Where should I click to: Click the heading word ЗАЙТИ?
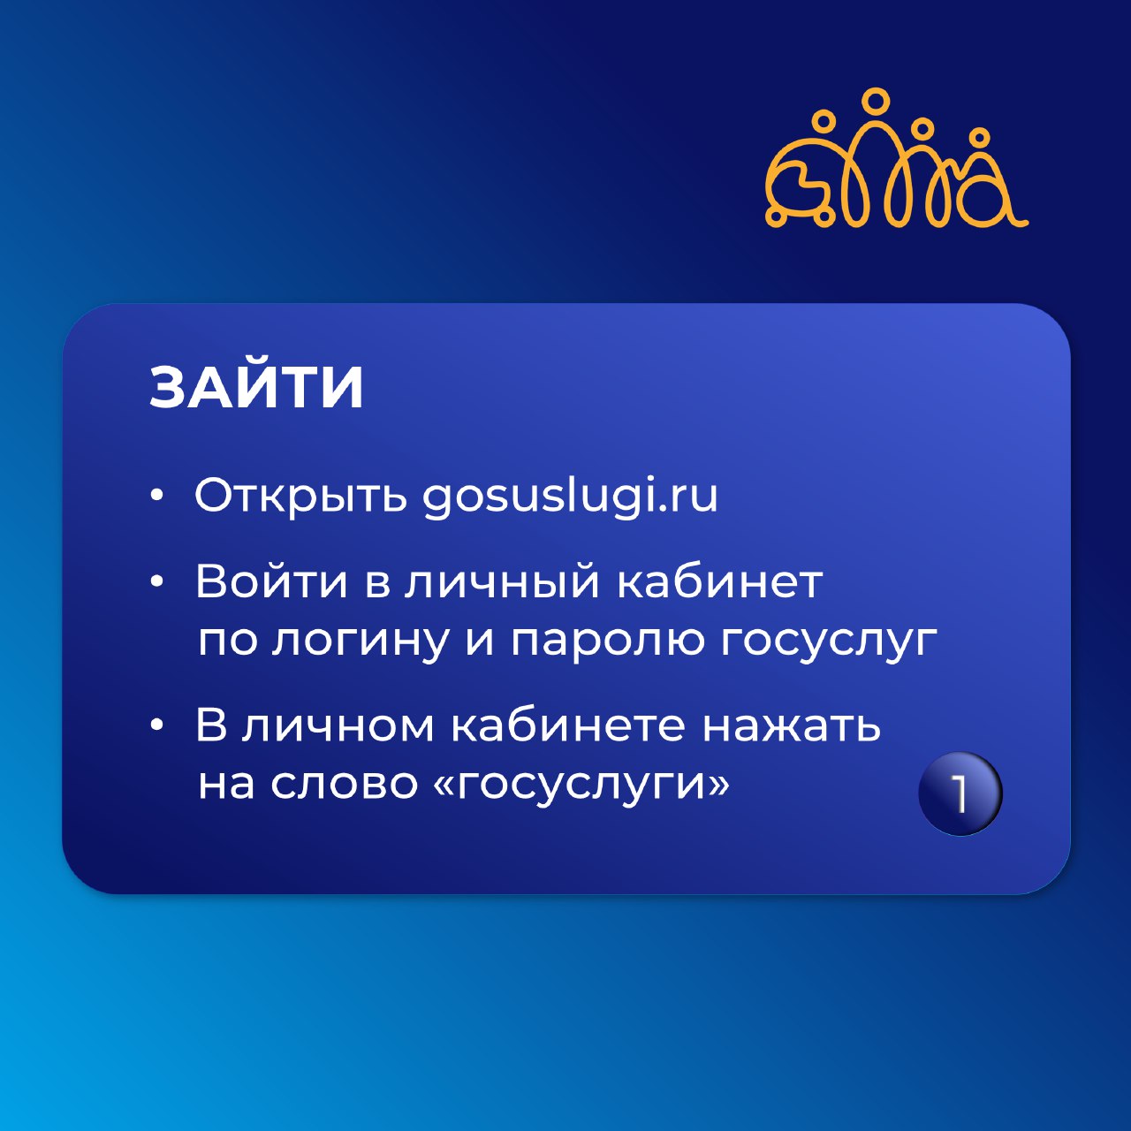[x=256, y=387]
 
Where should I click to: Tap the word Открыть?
[x=300, y=496]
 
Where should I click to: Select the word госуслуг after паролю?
[x=829, y=641]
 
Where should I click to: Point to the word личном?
[x=338, y=725]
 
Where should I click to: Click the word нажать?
[x=792, y=725]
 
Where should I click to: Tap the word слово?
[x=344, y=784]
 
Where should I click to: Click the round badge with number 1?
[x=960, y=793]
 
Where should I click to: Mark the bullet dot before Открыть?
[x=156, y=497]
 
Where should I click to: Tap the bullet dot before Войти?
[x=156, y=582]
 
